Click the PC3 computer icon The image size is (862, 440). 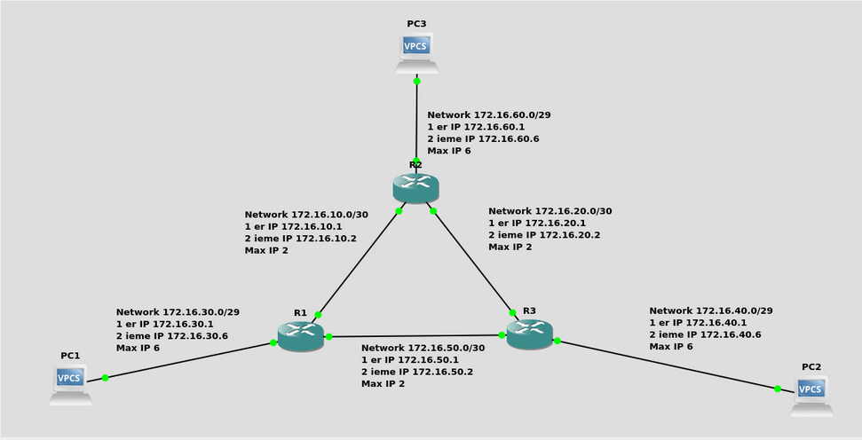(x=416, y=51)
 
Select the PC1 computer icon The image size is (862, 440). (x=70, y=383)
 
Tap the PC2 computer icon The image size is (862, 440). (x=811, y=395)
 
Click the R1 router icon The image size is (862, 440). (x=301, y=334)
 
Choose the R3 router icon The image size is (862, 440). (x=530, y=333)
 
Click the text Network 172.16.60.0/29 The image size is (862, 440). (x=489, y=114)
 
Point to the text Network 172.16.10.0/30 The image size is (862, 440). (x=306, y=214)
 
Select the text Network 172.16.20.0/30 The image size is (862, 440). (x=550, y=211)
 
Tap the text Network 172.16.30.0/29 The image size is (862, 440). (x=178, y=312)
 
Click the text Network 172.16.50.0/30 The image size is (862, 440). (x=423, y=348)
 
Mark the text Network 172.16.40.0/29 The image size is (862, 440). (x=710, y=310)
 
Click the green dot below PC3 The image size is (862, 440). (x=416, y=81)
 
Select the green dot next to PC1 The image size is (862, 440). (x=105, y=378)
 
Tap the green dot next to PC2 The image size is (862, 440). (x=778, y=389)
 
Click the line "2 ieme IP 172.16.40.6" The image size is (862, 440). (x=705, y=334)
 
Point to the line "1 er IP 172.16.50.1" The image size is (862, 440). (x=409, y=360)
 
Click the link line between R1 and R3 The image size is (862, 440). (x=415, y=336)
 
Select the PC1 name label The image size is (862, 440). (x=70, y=355)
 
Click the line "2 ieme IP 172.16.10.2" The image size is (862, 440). (x=300, y=239)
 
